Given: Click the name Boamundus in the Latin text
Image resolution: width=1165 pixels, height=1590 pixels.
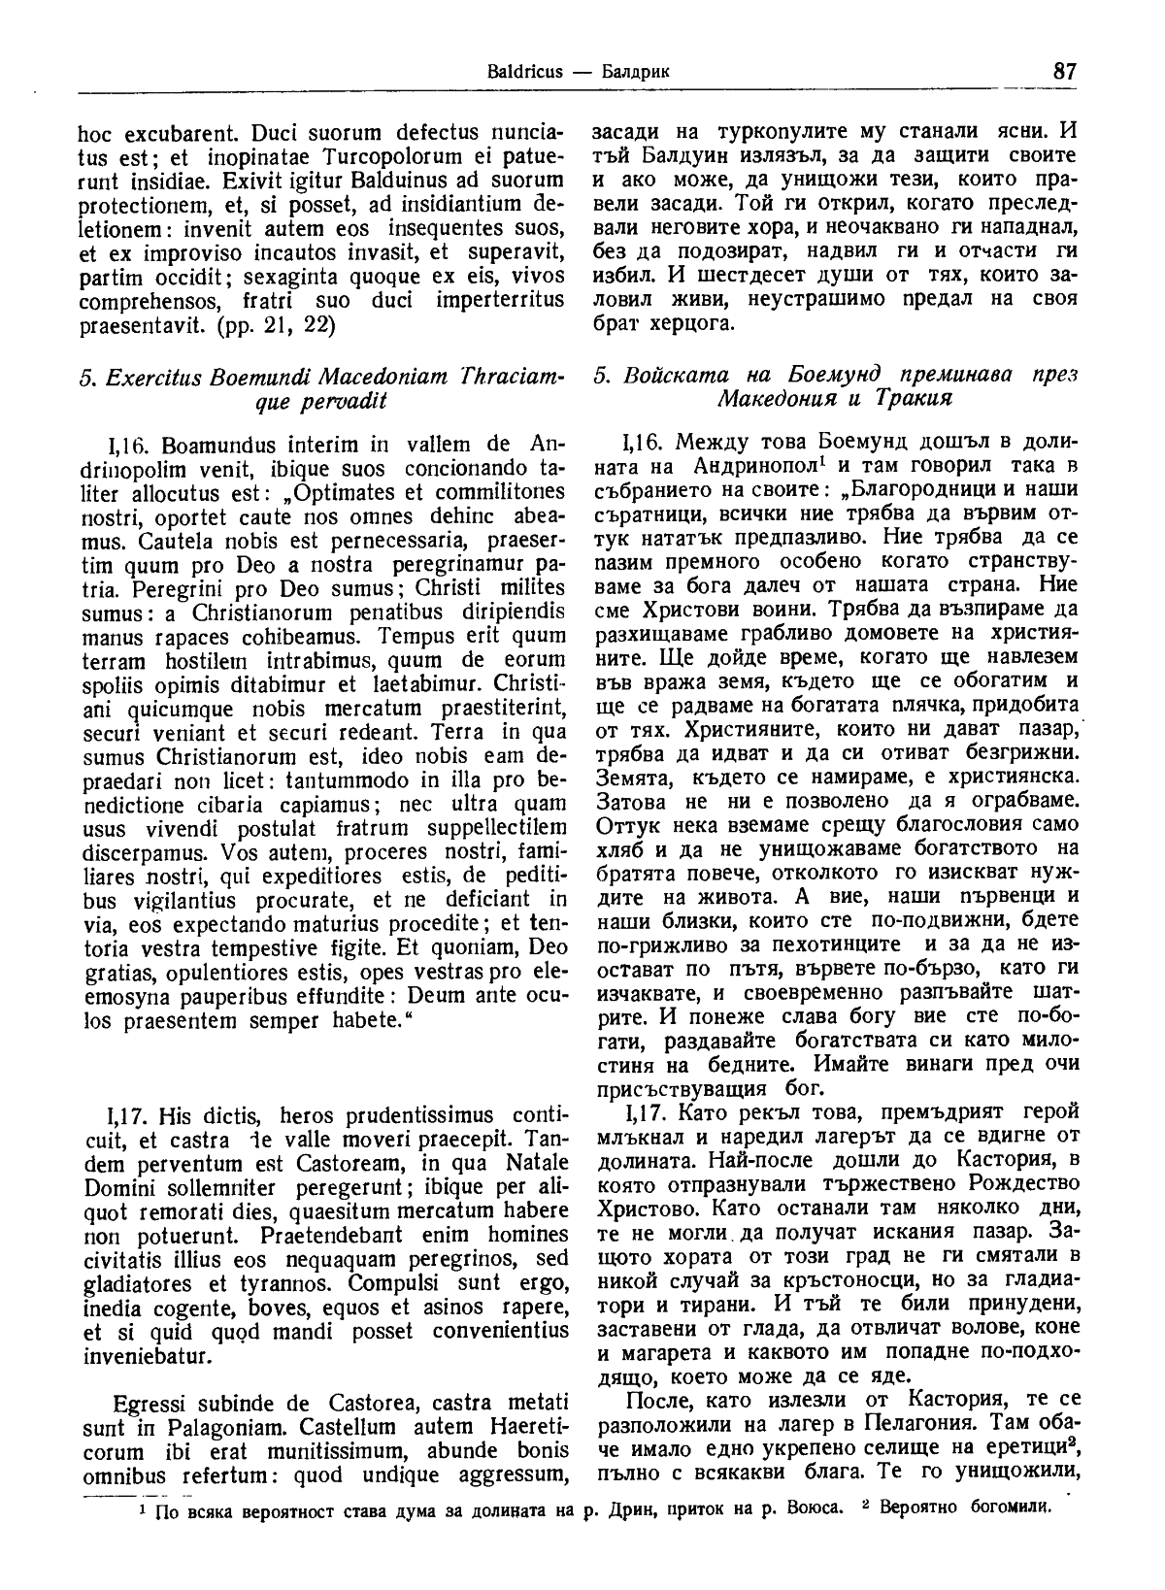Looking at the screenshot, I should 215,446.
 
